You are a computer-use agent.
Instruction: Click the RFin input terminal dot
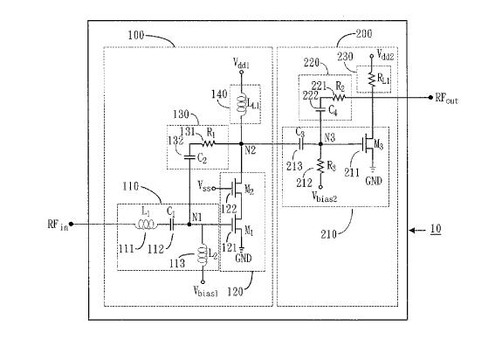[71, 225]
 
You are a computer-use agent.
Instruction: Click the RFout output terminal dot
[430, 97]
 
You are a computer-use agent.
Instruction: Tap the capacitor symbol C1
[172, 225]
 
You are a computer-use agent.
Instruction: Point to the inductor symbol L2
[203, 254]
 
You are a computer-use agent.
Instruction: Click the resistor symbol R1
[208, 144]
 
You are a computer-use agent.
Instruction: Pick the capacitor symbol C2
[189, 157]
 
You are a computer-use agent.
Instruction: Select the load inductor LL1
[242, 103]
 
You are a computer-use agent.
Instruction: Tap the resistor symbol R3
[320, 165]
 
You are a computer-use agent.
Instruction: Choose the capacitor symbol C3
[300, 144]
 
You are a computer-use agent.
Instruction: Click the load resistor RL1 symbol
[372, 80]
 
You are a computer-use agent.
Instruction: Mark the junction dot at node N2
[242, 144]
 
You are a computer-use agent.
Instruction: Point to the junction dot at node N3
[320, 144]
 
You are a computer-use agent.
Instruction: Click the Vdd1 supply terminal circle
[242, 72]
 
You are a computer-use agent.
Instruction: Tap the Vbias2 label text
[324, 196]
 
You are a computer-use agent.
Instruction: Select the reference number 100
[135, 35]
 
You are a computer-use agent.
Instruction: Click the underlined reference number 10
[436, 229]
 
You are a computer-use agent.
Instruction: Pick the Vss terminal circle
[214, 189]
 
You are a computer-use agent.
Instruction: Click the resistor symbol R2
[339, 97]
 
